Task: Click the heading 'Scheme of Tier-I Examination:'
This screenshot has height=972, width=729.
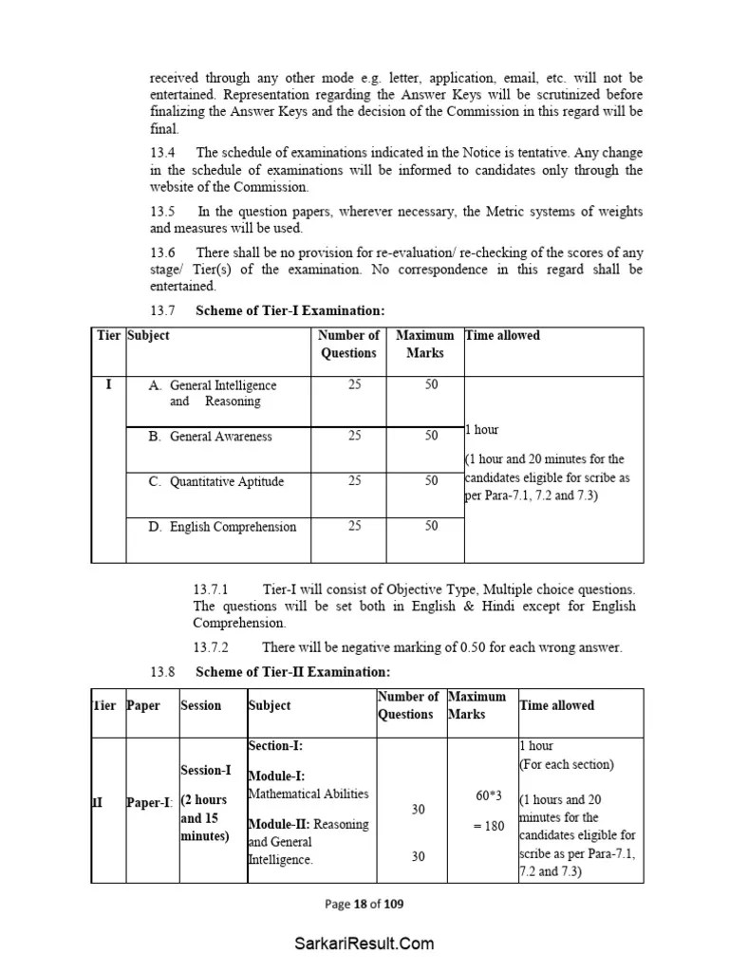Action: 290,310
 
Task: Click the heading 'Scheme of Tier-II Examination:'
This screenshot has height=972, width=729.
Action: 292,672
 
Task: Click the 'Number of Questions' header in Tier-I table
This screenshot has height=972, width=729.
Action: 348,344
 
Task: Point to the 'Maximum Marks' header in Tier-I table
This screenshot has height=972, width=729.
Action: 424,344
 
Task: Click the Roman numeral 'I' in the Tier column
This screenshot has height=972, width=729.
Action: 108,385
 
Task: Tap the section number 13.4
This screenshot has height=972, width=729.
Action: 163,153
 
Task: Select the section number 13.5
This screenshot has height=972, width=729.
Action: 163,212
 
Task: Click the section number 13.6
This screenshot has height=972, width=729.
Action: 163,252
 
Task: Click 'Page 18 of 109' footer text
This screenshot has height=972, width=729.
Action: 364,904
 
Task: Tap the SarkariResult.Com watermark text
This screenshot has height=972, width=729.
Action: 364,944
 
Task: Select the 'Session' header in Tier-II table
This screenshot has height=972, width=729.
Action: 200,705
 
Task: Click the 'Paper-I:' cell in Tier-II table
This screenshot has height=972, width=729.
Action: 150,802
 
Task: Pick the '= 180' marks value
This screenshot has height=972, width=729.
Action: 488,826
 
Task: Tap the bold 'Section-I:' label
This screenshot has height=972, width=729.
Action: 275,746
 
